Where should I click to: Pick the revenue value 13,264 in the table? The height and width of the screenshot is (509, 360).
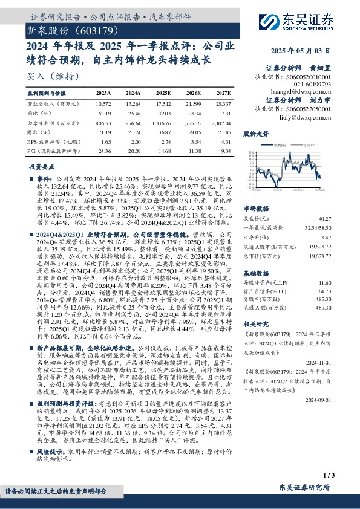coord(133,104)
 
